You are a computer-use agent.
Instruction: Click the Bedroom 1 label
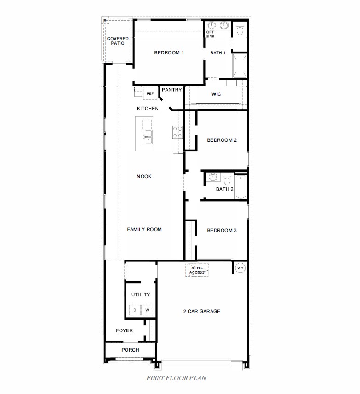coord(169,53)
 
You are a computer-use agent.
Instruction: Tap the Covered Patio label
coord(118,41)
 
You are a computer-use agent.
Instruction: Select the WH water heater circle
coord(240,268)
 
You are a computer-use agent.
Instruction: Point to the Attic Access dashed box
coord(197,270)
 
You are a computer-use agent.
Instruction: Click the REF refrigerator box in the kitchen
coord(150,93)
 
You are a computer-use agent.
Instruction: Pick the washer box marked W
coord(147,310)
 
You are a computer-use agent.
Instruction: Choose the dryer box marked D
coord(135,310)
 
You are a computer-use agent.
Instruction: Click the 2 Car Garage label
coord(201,312)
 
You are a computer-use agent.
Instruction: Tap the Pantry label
coord(171,90)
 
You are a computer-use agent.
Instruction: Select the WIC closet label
coord(216,94)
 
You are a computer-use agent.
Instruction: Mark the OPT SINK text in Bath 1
coord(210,34)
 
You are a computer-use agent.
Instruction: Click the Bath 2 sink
coord(212,177)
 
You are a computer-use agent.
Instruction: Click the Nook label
coord(144,177)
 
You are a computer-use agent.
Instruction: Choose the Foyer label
coord(124,330)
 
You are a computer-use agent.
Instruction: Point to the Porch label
coord(130,350)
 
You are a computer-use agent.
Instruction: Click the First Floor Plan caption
coord(176,378)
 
